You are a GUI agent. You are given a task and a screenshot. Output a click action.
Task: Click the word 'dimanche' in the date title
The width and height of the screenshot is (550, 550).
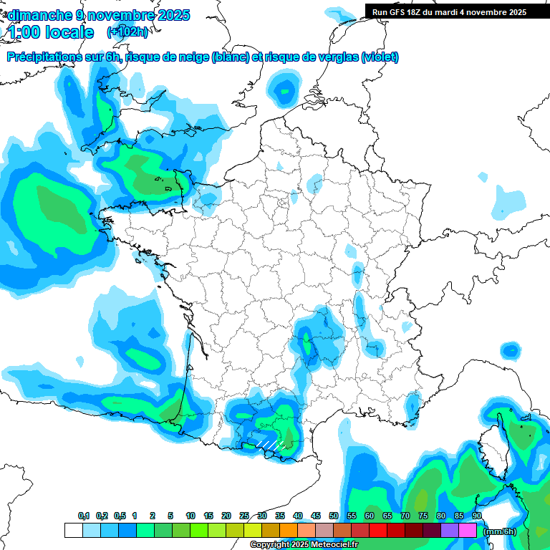[35, 15]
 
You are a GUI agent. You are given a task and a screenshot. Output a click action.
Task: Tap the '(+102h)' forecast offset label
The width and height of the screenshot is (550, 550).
[127, 32]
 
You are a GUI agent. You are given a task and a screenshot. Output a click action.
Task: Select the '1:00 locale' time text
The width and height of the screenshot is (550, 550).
[51, 32]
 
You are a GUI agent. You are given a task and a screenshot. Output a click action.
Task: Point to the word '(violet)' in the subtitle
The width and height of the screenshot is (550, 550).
[380, 57]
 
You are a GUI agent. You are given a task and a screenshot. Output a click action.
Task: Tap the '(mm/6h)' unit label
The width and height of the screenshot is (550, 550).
[501, 531]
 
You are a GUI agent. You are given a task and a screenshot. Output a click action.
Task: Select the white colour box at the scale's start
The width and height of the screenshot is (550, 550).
[73, 531]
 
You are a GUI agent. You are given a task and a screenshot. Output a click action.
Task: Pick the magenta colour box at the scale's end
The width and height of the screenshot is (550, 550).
[468, 531]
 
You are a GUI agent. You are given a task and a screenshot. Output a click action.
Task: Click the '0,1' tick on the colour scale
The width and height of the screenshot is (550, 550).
[84, 516]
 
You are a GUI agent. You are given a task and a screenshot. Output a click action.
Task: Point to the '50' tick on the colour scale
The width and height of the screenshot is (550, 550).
[334, 516]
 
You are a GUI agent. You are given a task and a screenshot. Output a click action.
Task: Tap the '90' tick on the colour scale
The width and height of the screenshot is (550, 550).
[477, 516]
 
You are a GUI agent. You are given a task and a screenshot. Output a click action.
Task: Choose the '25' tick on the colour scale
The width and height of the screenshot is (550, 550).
[244, 516]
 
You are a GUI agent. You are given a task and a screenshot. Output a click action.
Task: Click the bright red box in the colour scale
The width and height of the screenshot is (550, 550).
[378, 531]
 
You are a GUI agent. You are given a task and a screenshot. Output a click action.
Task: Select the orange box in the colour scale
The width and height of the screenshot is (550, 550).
[289, 531]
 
